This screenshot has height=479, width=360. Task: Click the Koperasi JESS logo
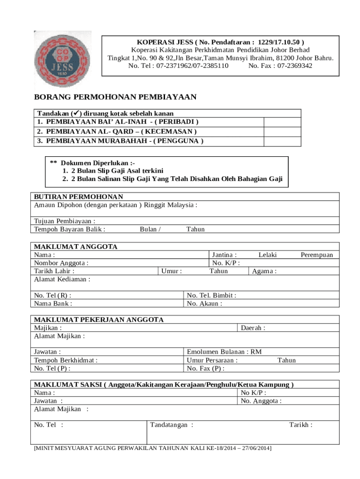click(x=63, y=60)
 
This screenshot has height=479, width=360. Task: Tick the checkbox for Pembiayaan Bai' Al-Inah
click(x=282, y=122)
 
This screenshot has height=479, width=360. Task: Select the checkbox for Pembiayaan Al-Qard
click(x=282, y=131)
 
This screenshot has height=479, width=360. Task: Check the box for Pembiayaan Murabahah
click(x=282, y=141)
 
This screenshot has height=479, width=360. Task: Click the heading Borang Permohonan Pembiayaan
click(x=115, y=97)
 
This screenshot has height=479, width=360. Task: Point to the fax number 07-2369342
click(x=295, y=66)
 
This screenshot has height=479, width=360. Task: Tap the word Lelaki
click(x=268, y=255)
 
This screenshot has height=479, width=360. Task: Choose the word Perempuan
click(x=317, y=255)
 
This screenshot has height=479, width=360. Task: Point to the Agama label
click(x=264, y=271)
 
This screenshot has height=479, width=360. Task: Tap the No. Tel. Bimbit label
click(x=211, y=295)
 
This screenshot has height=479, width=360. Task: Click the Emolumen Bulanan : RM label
click(x=224, y=352)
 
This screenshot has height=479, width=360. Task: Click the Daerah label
click(x=253, y=328)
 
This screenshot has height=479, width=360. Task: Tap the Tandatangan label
click(x=172, y=425)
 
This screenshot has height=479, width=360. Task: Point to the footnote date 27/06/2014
click(x=256, y=448)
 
